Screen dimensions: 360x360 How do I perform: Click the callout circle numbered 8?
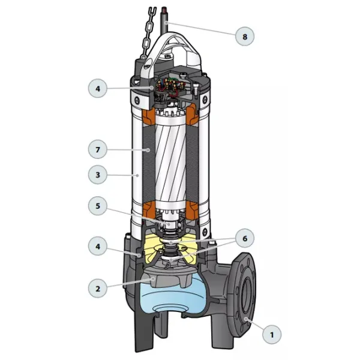[245, 37]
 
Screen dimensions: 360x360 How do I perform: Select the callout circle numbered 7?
[98, 149]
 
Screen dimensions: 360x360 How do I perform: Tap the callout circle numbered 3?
[98, 175]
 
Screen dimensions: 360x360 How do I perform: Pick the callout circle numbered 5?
[98, 206]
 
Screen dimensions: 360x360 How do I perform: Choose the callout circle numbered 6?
[245, 238]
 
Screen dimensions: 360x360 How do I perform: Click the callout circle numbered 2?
[98, 289]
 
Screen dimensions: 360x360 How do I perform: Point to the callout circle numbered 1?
[272, 335]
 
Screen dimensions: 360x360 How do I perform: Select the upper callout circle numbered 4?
[98, 88]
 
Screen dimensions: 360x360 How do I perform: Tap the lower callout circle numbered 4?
[98, 246]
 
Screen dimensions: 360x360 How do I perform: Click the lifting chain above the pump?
[148, 33]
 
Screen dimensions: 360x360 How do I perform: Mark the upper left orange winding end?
[148, 118]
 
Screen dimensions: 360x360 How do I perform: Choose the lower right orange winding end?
[192, 211]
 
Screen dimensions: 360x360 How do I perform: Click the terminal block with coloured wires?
[170, 86]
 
